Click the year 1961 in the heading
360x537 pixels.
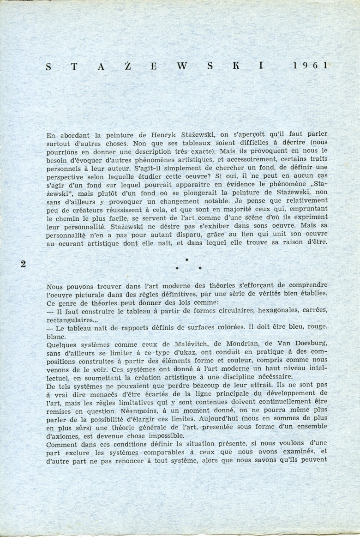click(310, 66)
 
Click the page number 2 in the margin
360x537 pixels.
click(23, 264)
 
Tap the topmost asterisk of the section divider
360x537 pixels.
click(186, 260)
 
